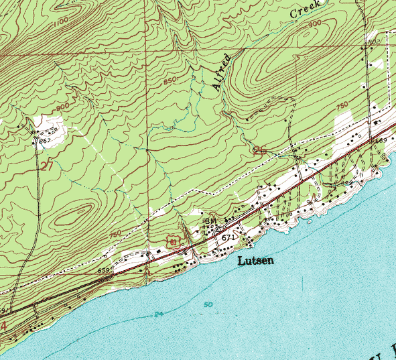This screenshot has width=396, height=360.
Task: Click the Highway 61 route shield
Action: [x=174, y=239]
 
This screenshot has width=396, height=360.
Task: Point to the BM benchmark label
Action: [x=209, y=221]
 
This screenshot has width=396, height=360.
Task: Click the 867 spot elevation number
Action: [x=45, y=141]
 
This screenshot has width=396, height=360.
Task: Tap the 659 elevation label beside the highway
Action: [x=104, y=270]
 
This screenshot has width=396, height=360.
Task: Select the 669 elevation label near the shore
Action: [x=381, y=141]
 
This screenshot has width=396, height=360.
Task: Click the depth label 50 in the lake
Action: [x=208, y=304]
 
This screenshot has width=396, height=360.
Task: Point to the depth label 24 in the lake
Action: [x=157, y=314]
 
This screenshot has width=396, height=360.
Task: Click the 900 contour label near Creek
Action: [x=314, y=24]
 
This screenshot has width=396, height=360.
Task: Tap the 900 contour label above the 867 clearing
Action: [x=63, y=107]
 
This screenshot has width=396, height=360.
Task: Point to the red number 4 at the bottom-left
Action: [x=3, y=326]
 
